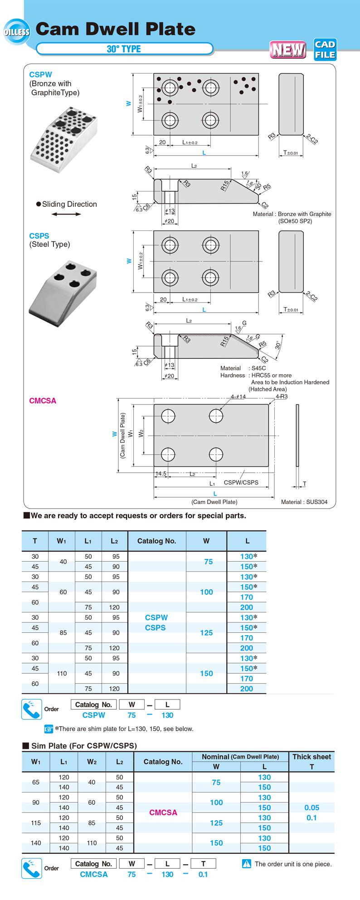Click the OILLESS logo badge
coord(16,32)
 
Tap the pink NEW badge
coord(288,49)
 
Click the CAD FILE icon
coord(325,49)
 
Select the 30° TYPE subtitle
coord(124,49)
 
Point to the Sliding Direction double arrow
coord(66,214)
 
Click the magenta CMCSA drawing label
coord(43,401)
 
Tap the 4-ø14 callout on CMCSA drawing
coord(238,396)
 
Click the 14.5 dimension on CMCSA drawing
coord(161,474)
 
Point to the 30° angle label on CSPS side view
coord(277,345)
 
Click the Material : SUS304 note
coord(304,502)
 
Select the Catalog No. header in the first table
coord(156,541)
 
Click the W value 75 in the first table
coord(208,562)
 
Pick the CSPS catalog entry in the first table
coord(155,628)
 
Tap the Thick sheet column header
coord(311,757)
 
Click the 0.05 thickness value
coord(311,808)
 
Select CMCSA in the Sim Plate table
coord(163,812)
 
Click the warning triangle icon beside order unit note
coord(246,864)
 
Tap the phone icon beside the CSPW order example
coord(32,709)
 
